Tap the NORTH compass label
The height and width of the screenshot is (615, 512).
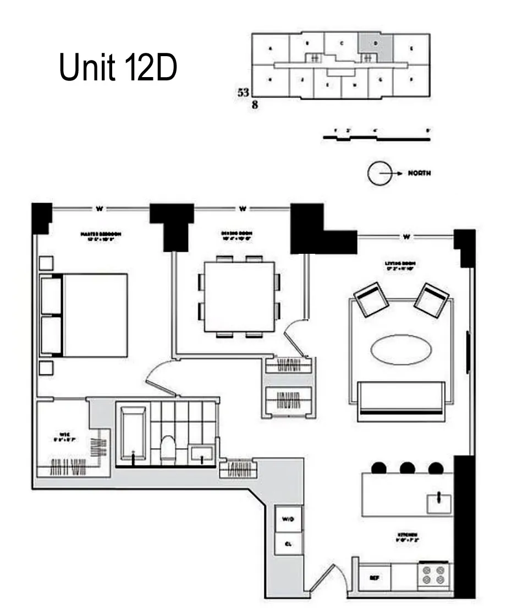[419, 173]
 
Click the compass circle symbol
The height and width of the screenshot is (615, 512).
[378, 173]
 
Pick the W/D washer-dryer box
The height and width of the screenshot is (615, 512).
[288, 519]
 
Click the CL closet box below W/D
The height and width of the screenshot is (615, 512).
[288, 544]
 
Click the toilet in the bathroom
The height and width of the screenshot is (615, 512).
[169, 448]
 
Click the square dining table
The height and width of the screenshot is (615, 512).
[239, 297]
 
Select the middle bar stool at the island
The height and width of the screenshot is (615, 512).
[408, 469]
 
